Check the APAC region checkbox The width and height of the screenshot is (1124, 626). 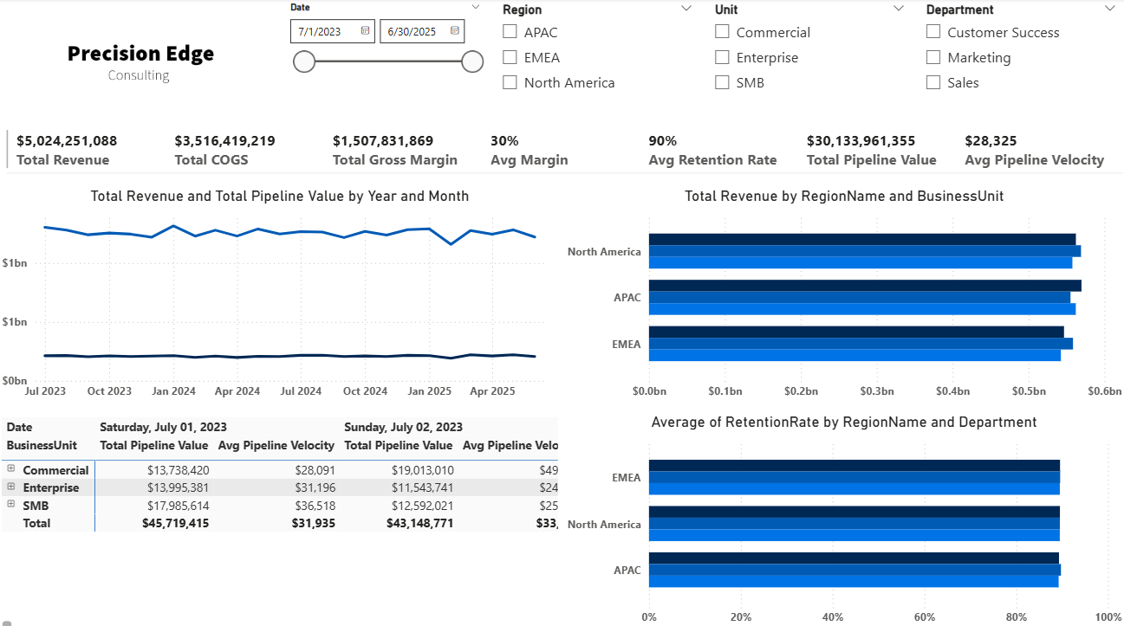coord(510,32)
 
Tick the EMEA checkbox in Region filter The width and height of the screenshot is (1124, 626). coord(510,57)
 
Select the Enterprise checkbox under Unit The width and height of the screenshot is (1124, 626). coord(722,57)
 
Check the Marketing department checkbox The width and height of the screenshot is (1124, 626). coord(933,57)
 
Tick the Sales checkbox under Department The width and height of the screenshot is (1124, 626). coord(933,82)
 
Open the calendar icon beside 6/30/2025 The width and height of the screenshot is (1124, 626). coord(455,31)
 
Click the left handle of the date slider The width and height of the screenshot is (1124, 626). coord(304,61)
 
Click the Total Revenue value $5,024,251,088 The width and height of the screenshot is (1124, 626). coord(67,140)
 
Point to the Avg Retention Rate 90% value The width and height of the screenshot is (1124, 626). coord(663,140)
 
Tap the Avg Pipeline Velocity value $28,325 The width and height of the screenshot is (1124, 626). coord(991,140)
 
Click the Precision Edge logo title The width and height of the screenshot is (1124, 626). coord(140,54)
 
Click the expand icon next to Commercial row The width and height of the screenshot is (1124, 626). coord(11,468)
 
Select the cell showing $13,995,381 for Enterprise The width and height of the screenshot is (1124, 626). coord(178,487)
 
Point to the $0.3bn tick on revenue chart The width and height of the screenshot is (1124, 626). coord(877,391)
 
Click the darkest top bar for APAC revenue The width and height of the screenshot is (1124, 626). coord(864,286)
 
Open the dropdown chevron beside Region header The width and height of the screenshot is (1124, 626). coord(686,9)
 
